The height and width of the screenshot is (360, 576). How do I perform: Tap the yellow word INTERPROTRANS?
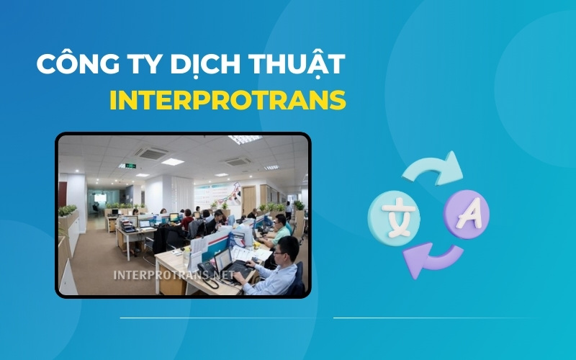click(x=228, y=100)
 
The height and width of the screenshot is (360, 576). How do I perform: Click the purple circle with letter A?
click(x=467, y=214)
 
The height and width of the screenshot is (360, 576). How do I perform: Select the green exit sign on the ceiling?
click(x=130, y=166)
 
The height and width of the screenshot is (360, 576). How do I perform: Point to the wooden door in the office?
click(x=248, y=199)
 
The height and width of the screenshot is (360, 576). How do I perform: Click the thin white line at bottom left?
click(x=216, y=318)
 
